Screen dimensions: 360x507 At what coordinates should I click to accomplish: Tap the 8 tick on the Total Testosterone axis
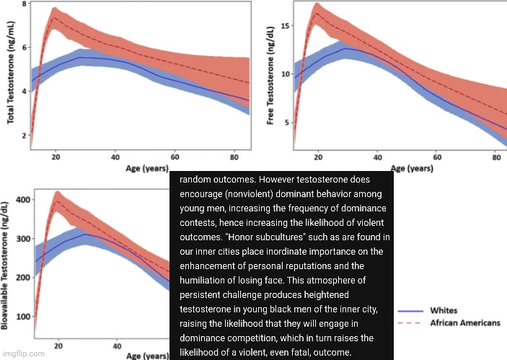(24, 5)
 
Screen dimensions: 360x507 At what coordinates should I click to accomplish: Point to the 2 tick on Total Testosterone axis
(24, 136)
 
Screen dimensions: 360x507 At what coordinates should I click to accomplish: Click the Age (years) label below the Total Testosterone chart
(148, 169)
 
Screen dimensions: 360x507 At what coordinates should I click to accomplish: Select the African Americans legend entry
(464, 323)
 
